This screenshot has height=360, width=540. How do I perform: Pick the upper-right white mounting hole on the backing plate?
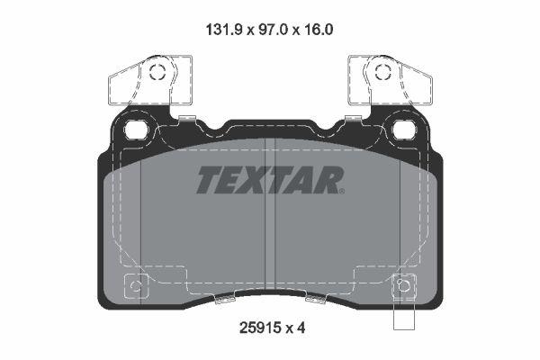click(401, 129)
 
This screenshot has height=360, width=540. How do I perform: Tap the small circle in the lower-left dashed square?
click(136, 287)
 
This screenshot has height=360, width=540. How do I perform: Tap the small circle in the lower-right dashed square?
click(404, 287)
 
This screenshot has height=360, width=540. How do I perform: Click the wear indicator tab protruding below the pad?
click(404, 316)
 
